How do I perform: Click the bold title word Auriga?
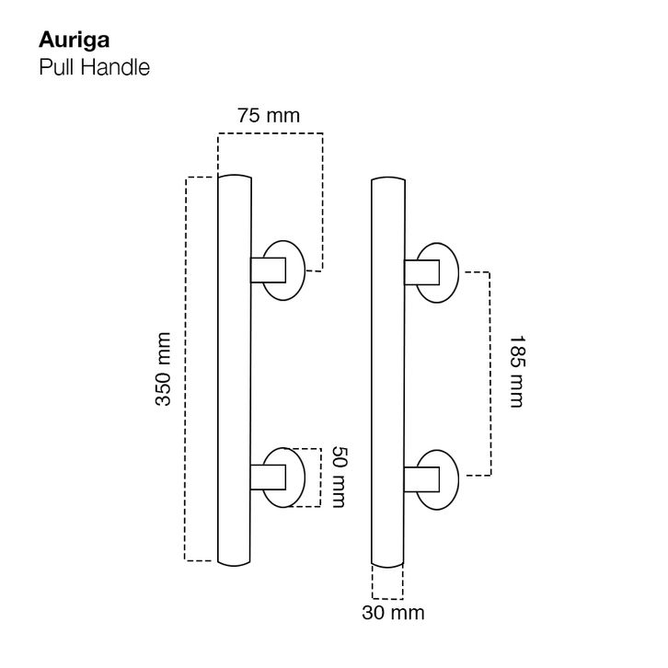click(75, 41)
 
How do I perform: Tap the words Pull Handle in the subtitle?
click(94, 67)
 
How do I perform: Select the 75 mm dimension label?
click(269, 115)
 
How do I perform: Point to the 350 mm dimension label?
click(163, 369)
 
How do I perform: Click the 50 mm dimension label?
click(339, 477)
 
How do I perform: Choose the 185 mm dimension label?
click(517, 372)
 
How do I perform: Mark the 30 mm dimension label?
click(393, 613)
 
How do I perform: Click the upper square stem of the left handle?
click(268, 271)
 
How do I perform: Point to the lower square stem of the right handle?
click(421, 479)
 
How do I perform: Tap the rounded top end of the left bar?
click(235, 175)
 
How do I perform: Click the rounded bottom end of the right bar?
click(387, 567)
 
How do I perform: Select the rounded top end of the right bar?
click(388, 178)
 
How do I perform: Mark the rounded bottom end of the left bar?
click(234, 565)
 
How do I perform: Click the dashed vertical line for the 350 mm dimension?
click(186, 369)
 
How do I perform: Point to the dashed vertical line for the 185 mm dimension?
click(489, 374)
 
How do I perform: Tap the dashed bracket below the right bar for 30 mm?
click(387, 598)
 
